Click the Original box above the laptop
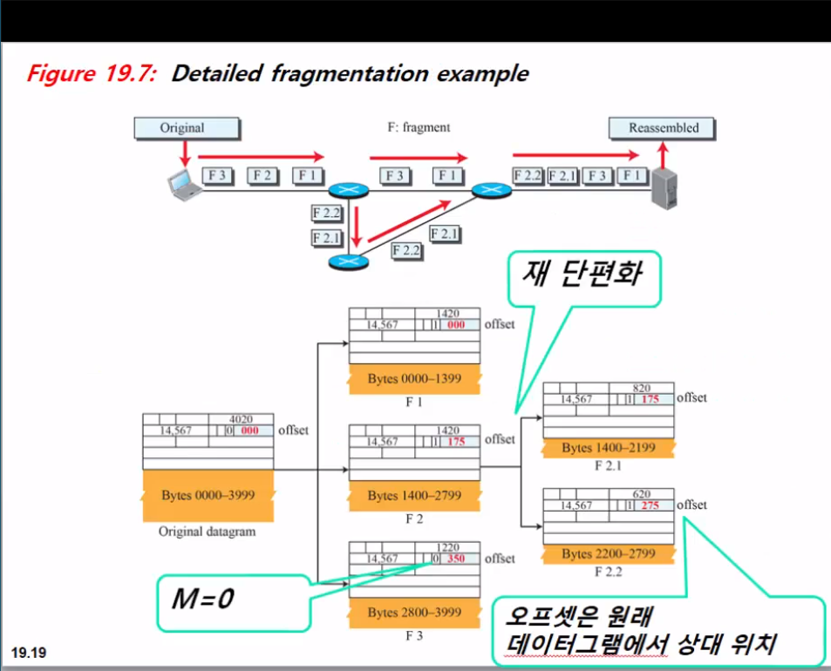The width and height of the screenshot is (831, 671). pos(181,128)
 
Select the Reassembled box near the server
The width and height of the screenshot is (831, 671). pos(664,128)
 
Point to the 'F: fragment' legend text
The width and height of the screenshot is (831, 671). pos(419,127)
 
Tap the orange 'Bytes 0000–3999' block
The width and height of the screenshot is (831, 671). pos(208,495)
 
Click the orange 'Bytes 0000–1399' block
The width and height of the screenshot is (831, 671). pos(414,378)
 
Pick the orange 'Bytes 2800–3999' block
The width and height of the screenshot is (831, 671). pos(414,612)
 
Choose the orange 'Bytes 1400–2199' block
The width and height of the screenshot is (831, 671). pos(608,448)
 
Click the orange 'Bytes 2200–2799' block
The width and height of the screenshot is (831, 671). pos(608,553)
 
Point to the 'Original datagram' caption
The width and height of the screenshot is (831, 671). pos(208,531)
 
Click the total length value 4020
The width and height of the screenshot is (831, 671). pos(241,419)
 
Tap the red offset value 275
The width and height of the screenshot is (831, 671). pos(649,505)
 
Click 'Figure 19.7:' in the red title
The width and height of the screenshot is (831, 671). pos(92,73)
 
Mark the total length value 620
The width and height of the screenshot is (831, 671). pos(642,494)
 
